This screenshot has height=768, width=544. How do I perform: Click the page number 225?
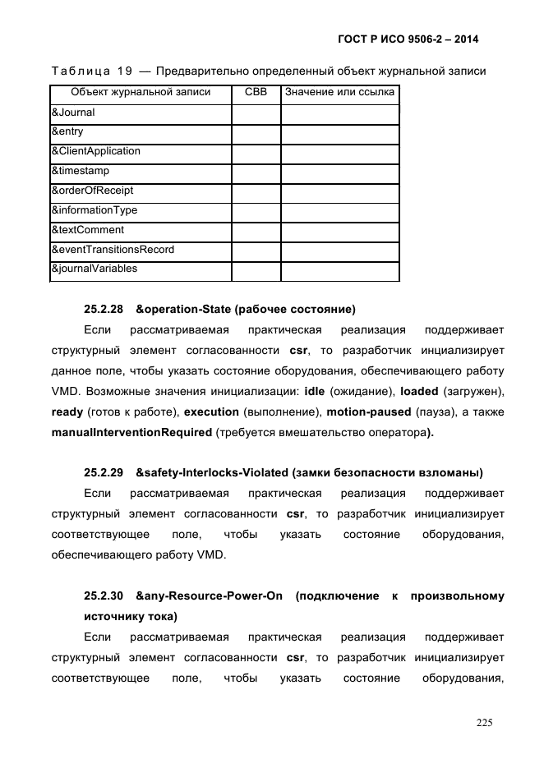tap(484, 723)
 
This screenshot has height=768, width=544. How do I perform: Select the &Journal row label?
tap(73, 112)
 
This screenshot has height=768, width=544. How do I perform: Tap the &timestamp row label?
tap(81, 171)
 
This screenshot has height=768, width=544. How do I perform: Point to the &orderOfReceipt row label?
tap(92, 191)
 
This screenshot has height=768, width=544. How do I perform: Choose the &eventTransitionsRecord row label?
tap(113, 249)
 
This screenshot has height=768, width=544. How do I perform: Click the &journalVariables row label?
tap(95, 269)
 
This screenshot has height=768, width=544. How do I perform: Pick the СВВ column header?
tap(256, 92)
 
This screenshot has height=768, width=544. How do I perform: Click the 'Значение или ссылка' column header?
tap(339, 92)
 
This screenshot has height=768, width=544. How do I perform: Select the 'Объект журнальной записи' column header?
tap(141, 92)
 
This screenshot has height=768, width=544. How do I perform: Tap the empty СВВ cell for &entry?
tap(256, 132)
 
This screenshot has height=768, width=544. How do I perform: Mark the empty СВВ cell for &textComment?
tap(256, 231)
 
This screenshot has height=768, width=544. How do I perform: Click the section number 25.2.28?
tap(104, 310)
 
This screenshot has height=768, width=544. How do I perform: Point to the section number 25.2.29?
tap(104, 472)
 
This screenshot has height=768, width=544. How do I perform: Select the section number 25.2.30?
tap(104, 596)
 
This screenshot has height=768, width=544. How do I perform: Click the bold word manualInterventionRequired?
tap(131, 431)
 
